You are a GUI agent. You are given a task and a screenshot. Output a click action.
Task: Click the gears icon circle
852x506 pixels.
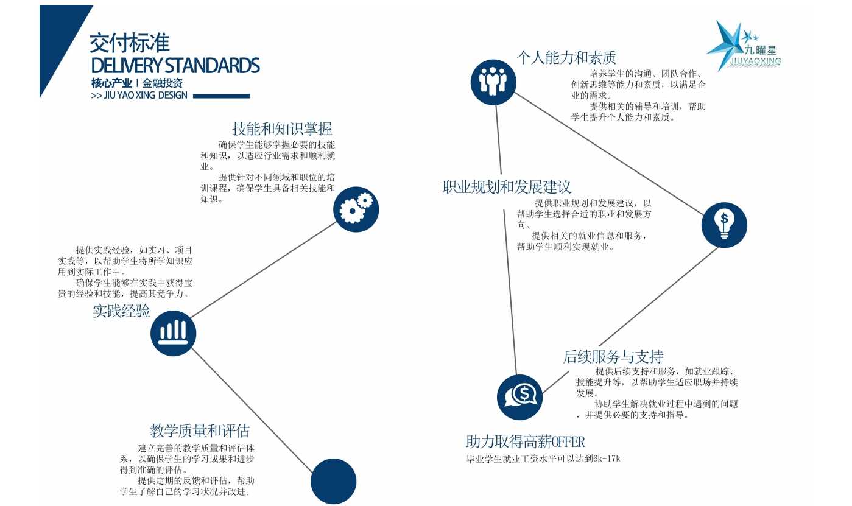tap(356, 209)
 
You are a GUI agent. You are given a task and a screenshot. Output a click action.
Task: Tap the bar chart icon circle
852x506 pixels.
tap(173, 334)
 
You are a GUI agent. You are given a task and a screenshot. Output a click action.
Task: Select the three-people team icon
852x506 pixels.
tap(493, 82)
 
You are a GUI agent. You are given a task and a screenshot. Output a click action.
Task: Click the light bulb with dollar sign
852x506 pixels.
tap(724, 225)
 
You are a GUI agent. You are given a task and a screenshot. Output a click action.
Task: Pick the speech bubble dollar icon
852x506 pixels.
tap(519, 397)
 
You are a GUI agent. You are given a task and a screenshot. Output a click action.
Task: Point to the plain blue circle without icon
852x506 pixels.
tap(334, 481)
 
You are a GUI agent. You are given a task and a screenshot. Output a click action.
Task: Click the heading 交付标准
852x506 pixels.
tap(129, 43)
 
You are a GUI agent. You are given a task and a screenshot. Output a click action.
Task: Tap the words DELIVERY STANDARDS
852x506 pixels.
tap(175, 65)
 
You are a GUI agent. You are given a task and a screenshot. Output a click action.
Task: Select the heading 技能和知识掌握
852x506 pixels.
tap(282, 129)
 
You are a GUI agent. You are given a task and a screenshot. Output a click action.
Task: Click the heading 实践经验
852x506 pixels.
tap(121, 311)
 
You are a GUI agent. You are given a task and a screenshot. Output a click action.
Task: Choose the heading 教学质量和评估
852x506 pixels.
tap(200, 430)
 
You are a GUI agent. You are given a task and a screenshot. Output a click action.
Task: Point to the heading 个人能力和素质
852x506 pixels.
tap(566, 57)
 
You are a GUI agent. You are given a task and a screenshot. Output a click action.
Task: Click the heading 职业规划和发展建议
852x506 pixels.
tap(507, 187)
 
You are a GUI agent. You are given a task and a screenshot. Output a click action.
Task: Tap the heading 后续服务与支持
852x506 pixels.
tap(613, 357)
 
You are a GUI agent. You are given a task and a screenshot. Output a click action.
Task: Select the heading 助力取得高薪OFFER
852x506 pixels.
tap(526, 441)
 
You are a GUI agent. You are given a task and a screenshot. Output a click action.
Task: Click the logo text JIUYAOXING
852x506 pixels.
tap(756, 61)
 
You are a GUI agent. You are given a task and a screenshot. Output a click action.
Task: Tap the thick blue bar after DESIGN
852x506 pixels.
tap(221, 96)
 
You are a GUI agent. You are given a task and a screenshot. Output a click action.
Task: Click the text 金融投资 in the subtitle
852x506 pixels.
tap(163, 83)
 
